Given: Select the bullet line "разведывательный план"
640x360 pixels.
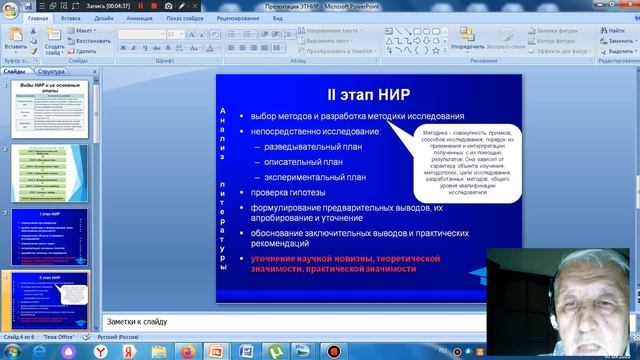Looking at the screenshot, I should pyautogui.click(x=304, y=146).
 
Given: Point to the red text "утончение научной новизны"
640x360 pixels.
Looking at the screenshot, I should pyautogui.click(x=300, y=258).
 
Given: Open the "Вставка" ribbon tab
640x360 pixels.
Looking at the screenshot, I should pyautogui.click(x=71, y=18).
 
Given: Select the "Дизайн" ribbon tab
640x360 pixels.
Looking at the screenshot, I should pyautogui.click(x=103, y=18).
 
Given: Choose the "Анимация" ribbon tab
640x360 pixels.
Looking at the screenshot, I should pyautogui.click(x=139, y=18).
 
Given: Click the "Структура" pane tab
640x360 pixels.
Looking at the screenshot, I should pyautogui.click(x=51, y=72).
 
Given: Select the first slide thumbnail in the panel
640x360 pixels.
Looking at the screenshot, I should pyautogui.click(x=60, y=108).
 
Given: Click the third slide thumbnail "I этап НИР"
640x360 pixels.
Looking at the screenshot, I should pyautogui.click(x=60, y=235).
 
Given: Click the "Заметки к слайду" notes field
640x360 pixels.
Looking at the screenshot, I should pyautogui.click(x=300, y=322).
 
